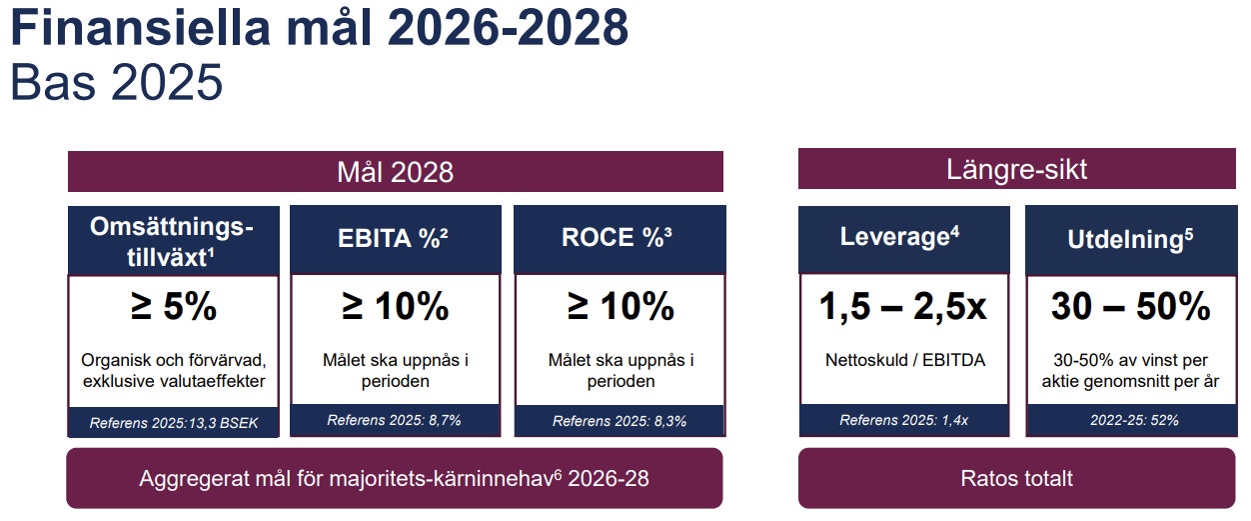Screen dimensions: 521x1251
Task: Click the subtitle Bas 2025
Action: (x=116, y=82)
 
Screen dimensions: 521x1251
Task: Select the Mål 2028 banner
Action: (x=395, y=171)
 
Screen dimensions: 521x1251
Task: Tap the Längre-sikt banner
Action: (x=1016, y=169)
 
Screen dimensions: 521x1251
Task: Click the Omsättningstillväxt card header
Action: (x=173, y=241)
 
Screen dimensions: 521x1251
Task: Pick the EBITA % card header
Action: (x=396, y=238)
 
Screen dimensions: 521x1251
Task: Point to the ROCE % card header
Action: (x=620, y=238)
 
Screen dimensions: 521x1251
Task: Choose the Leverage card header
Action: (x=903, y=238)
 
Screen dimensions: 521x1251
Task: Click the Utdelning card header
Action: (x=1130, y=239)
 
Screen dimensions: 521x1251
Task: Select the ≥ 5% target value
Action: (x=173, y=307)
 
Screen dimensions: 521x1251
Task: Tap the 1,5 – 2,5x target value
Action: (x=903, y=307)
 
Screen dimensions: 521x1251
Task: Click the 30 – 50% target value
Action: (x=1130, y=307)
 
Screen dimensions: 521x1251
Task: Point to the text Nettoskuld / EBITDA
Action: (x=903, y=360)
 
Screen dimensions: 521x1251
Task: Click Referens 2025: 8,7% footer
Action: (x=395, y=420)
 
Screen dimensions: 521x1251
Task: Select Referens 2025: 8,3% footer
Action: (x=620, y=421)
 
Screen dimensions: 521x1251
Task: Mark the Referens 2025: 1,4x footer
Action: (x=903, y=420)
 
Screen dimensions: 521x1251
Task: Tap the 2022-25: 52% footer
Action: (x=1130, y=420)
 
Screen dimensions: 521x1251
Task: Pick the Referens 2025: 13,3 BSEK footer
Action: (x=173, y=422)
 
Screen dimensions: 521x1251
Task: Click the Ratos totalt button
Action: (x=1016, y=478)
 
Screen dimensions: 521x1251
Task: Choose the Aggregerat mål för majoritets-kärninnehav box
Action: (x=395, y=478)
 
